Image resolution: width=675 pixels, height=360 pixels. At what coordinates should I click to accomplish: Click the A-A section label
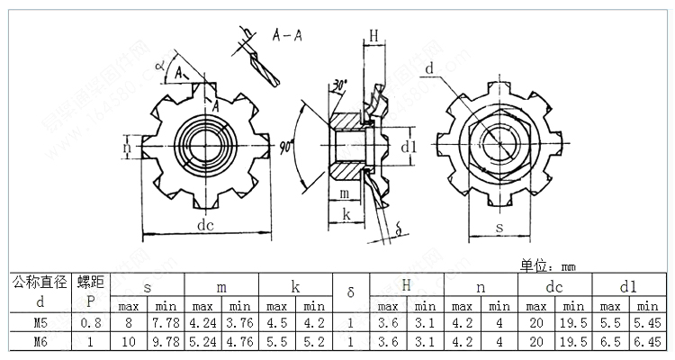(x=287, y=36)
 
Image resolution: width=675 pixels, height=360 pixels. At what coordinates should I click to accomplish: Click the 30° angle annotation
(x=339, y=85)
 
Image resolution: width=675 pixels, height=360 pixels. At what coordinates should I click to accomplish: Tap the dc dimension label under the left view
(x=205, y=226)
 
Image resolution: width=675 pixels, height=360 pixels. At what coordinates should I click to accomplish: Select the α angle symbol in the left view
(x=159, y=65)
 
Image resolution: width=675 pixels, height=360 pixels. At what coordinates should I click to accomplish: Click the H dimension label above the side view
(x=373, y=35)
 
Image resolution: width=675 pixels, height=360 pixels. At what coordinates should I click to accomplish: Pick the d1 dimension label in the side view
(x=408, y=146)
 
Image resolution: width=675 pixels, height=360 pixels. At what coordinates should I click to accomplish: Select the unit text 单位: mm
(x=547, y=265)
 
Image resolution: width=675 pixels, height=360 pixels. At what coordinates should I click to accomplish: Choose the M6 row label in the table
(x=40, y=342)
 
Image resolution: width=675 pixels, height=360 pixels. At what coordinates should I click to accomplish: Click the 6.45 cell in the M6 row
(x=648, y=342)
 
